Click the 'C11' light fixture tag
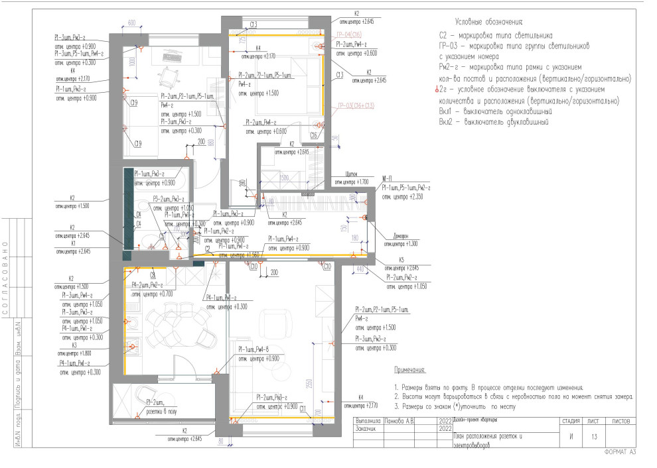pyautogui.click(x=303, y=408)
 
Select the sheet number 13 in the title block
pyautogui.click(x=593, y=436)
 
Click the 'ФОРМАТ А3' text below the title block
pyautogui.click(x=620, y=452)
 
